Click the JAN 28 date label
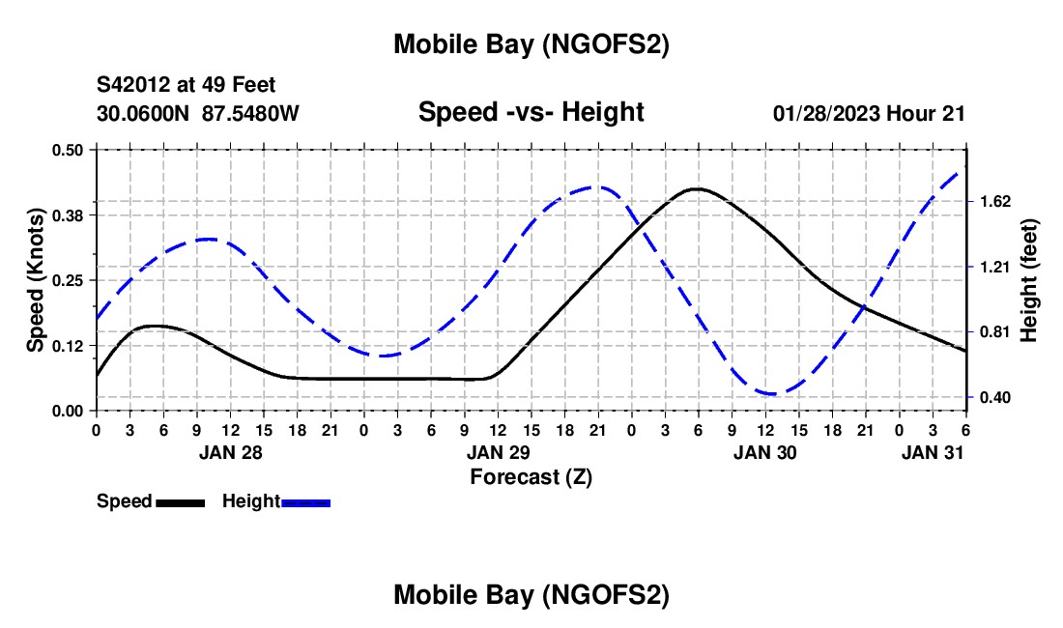click(x=230, y=451)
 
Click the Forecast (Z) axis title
click(x=531, y=476)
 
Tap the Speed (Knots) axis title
click(x=36, y=280)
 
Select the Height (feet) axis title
click(x=1029, y=280)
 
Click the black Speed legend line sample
click(x=180, y=502)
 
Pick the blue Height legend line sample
click(x=305, y=502)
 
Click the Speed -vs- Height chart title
click(x=531, y=112)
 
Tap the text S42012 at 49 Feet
click(x=187, y=85)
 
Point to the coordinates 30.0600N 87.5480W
click(x=198, y=113)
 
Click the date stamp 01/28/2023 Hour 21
click(x=869, y=113)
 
